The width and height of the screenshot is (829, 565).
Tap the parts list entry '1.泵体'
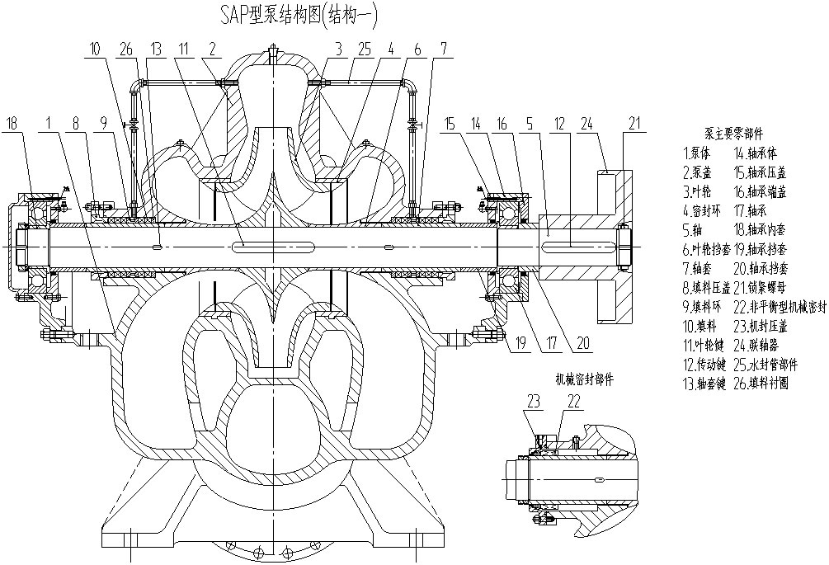click(x=699, y=152)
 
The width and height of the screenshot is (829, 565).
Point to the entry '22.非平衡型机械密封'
click(x=779, y=306)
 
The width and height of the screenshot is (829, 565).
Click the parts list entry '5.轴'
click(x=694, y=229)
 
